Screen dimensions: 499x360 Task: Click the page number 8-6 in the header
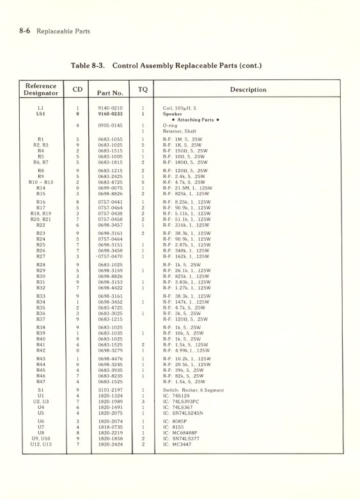(26, 31)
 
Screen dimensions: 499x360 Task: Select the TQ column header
(143, 89)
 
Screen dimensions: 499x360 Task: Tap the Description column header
(248, 90)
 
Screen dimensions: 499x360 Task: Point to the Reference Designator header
(41, 89)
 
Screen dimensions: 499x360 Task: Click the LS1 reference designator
(41, 114)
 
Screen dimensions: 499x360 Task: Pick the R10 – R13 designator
(41, 182)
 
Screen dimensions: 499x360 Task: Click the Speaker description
(173, 114)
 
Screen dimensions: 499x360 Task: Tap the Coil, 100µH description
(180, 108)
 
